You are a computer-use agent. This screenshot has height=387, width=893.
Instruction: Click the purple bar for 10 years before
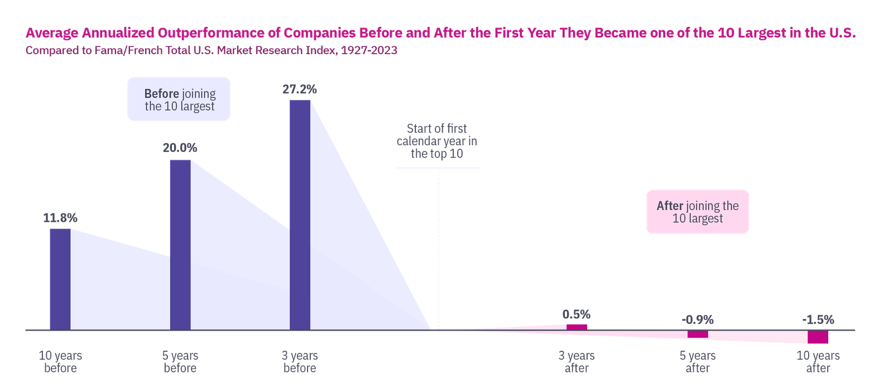click(60, 279)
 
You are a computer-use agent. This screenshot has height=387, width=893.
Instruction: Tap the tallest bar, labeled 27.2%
click(300, 214)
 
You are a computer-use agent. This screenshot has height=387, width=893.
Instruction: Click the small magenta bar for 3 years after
click(577, 327)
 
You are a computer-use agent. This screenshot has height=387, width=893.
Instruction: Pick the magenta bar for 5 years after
click(698, 334)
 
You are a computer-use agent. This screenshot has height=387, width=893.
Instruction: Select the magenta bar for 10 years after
click(818, 337)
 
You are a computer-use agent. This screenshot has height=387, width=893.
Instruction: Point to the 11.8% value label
click(60, 218)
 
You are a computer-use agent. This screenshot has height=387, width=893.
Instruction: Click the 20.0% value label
click(180, 149)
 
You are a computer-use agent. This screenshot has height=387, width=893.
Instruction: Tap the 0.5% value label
click(576, 314)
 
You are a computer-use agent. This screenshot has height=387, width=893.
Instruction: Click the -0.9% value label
click(697, 320)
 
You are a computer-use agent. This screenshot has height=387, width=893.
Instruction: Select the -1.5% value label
click(818, 320)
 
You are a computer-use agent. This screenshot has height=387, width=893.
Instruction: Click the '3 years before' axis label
click(300, 362)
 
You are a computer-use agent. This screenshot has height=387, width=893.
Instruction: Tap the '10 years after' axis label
click(818, 362)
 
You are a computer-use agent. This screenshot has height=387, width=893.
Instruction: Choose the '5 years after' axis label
click(697, 362)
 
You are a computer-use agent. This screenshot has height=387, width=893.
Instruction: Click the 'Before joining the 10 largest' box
click(179, 99)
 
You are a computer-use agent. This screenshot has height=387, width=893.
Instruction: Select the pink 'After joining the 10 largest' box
click(698, 212)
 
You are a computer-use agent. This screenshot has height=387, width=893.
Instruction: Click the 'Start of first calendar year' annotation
click(437, 141)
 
